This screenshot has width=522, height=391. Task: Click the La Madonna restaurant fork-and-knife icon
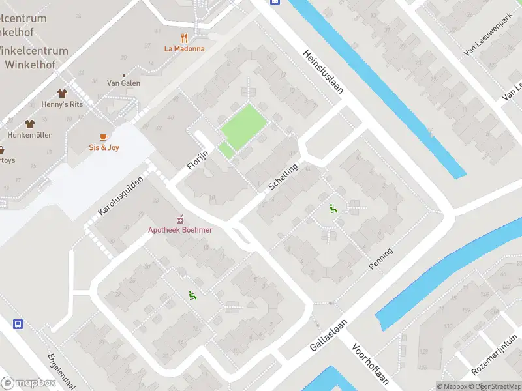[185, 37]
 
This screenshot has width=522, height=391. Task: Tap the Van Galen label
[123, 83]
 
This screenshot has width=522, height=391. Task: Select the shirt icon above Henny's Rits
[63, 94]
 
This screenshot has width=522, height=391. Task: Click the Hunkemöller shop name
[29, 135]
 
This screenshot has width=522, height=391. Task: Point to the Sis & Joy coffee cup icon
[104, 136]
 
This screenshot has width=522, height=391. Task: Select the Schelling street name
[283, 177]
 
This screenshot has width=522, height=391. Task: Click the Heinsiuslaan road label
[323, 73]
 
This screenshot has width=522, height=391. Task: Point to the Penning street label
[381, 259]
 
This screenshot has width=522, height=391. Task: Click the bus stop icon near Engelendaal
[19, 324]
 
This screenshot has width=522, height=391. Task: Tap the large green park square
[244, 125]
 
